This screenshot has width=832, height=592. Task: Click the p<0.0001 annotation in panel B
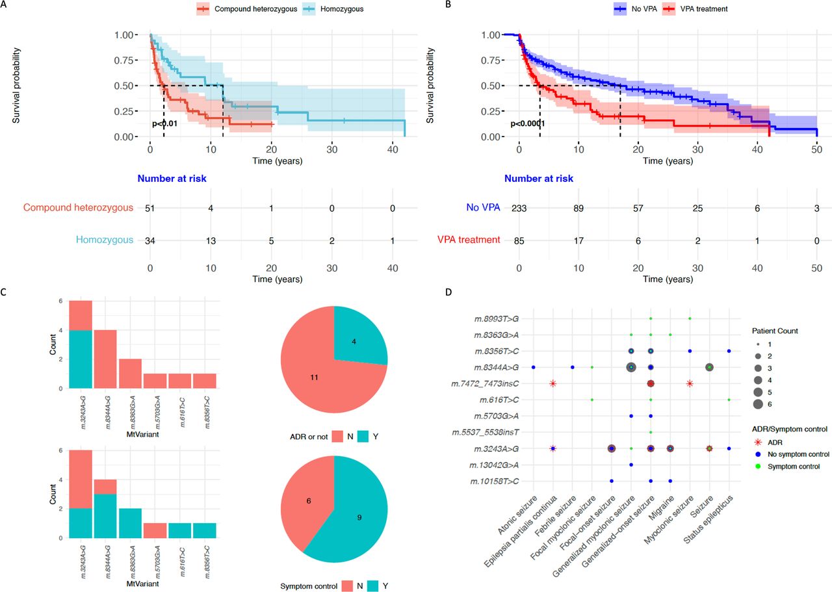tap(527, 123)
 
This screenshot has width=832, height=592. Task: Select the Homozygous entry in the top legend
tap(339, 9)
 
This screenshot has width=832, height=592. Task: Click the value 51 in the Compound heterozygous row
tap(150, 207)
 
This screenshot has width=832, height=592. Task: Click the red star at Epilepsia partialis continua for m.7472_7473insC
tap(552, 383)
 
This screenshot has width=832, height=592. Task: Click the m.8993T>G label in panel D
tap(497, 318)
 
